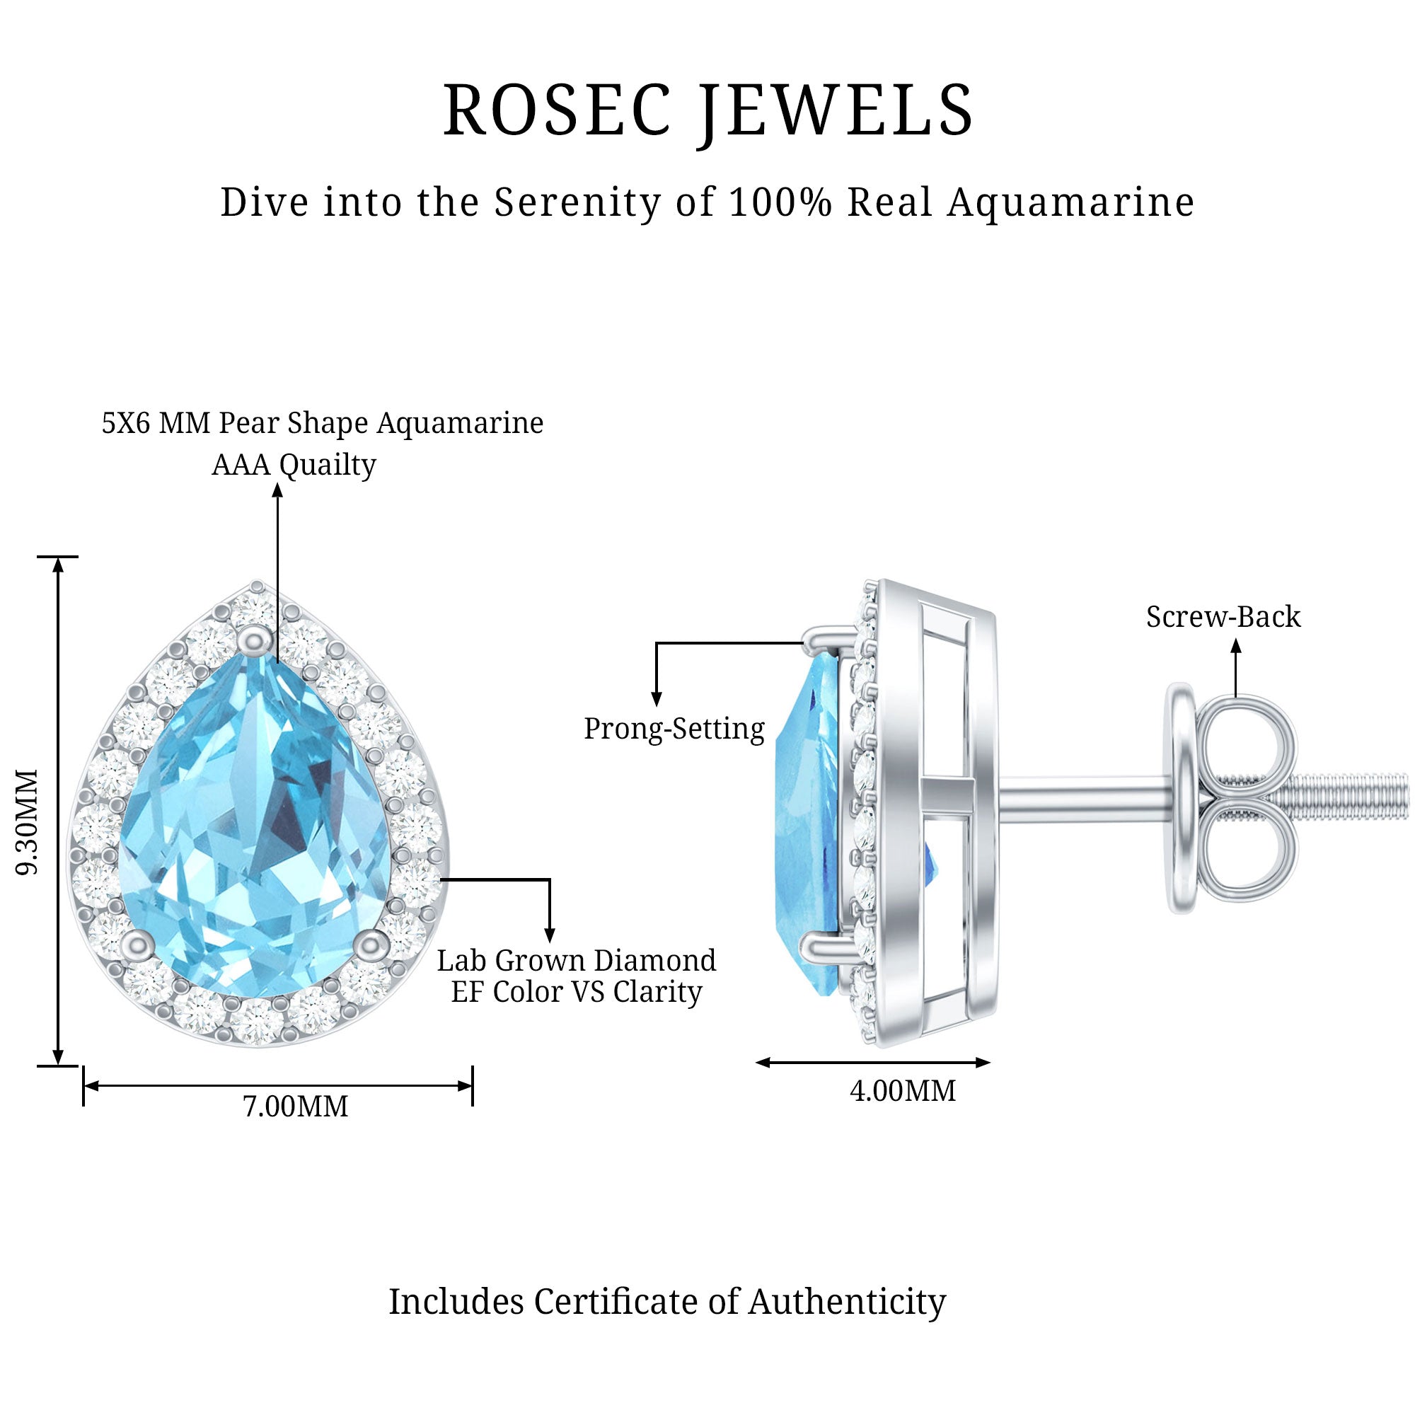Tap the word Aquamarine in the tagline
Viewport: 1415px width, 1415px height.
point(1070,202)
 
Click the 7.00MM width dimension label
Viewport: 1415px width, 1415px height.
point(295,1106)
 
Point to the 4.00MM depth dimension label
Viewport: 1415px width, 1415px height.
point(902,1090)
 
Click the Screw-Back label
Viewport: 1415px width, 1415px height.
point(1223,617)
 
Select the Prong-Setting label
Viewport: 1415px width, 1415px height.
point(674,729)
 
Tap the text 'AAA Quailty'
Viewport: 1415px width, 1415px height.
point(294,464)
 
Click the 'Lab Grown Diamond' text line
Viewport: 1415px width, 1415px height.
point(577,960)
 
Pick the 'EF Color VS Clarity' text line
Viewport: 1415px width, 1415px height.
point(577,992)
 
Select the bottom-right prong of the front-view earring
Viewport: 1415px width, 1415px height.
point(372,943)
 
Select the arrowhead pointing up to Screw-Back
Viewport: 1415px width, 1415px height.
point(1235,646)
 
